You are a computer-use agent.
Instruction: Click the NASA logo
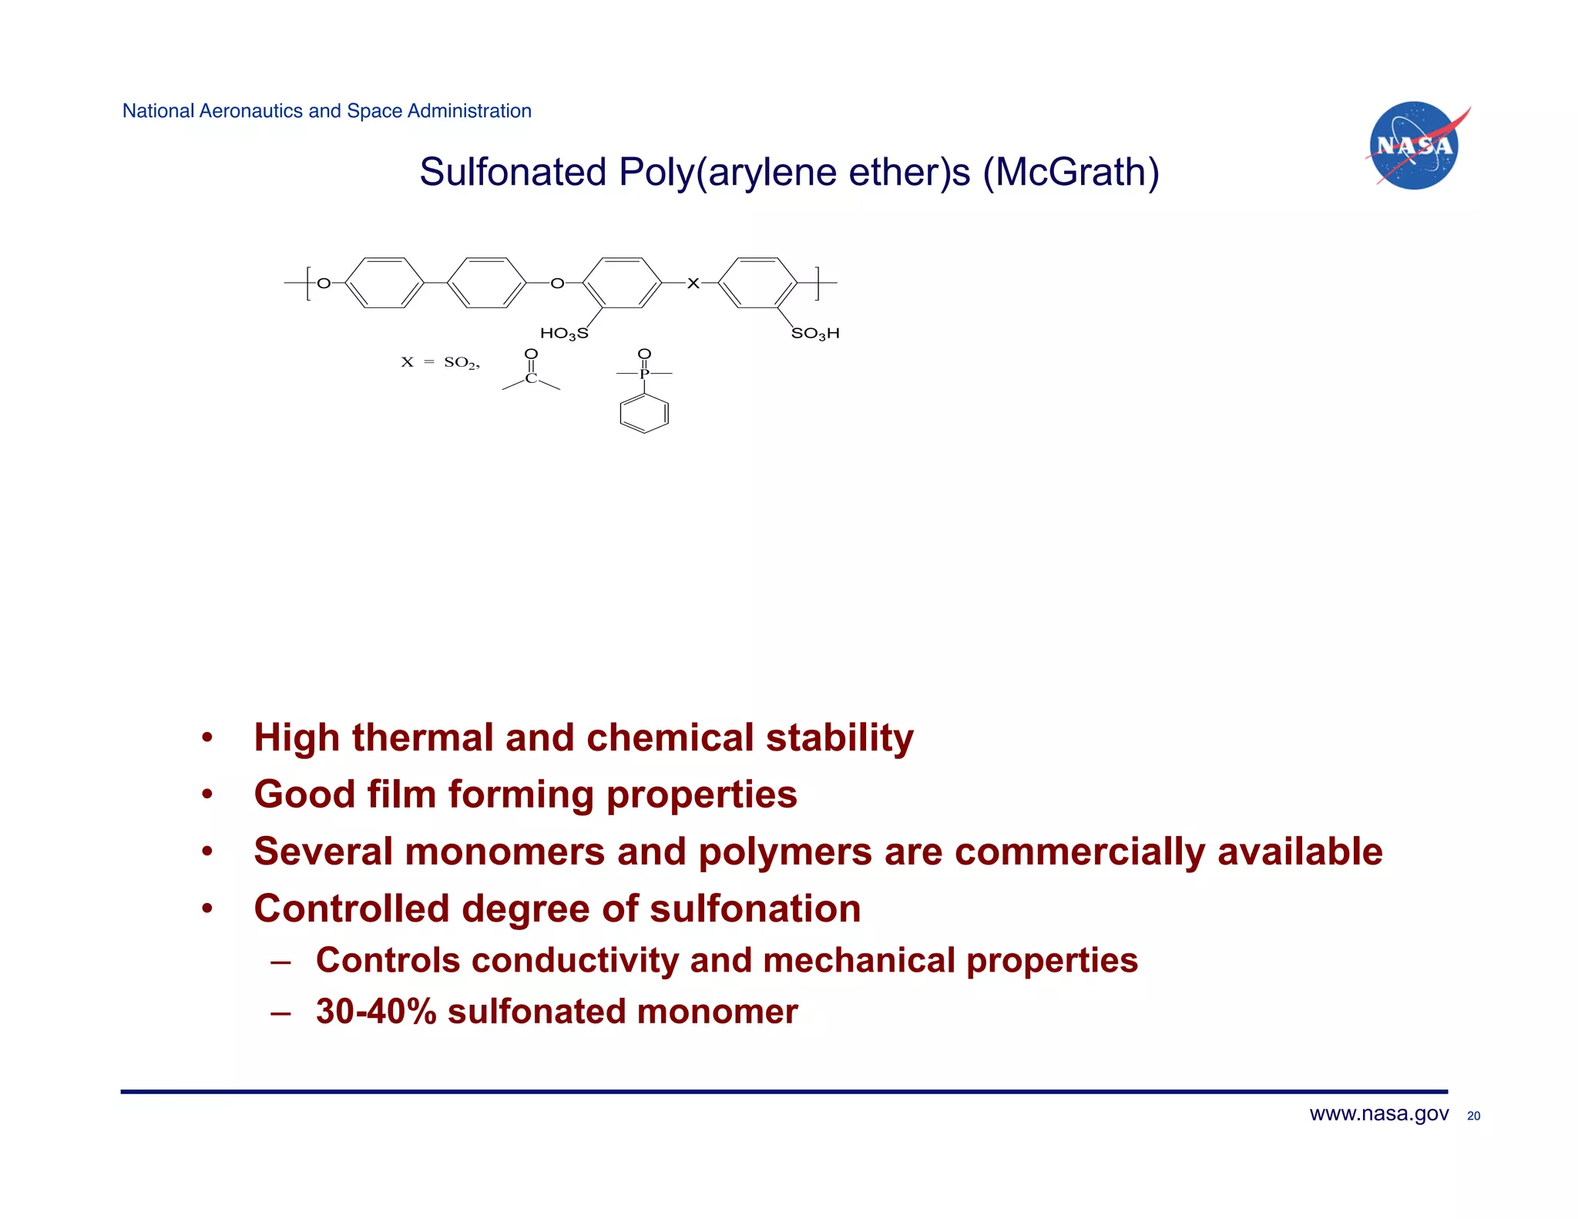tap(1415, 146)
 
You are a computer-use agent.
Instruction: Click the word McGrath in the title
tap(1070, 172)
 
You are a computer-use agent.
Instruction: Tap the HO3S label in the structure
tap(563, 334)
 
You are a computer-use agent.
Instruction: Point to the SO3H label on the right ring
tap(815, 334)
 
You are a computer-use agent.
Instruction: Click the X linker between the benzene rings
tap(693, 284)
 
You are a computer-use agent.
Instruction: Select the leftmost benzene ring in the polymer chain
tap(384, 283)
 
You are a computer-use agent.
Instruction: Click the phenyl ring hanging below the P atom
tap(644, 414)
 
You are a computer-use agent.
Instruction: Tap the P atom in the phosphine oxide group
tap(644, 374)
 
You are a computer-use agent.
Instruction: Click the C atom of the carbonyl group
tap(531, 378)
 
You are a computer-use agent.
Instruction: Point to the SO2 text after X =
tap(461, 362)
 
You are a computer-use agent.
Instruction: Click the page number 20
tap(1473, 1116)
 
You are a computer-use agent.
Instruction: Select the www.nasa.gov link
tap(1378, 1113)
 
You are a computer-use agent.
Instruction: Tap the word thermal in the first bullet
tap(422, 737)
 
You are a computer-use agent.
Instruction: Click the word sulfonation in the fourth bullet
tap(755, 908)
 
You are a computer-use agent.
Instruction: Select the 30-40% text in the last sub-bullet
tap(376, 1012)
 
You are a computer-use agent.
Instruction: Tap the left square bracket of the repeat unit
tap(308, 284)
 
